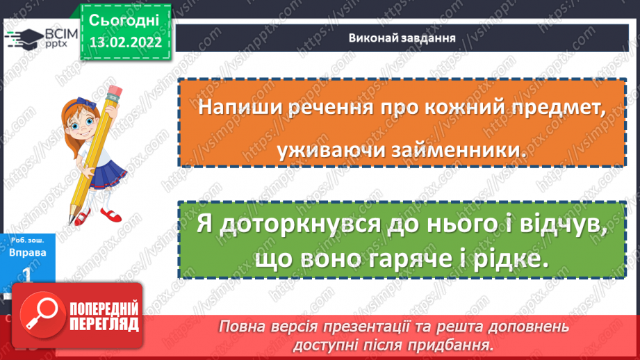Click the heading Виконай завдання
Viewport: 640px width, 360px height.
point(402,38)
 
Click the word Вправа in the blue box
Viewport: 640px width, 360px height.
point(29,253)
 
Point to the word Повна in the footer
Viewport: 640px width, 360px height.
point(240,325)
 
